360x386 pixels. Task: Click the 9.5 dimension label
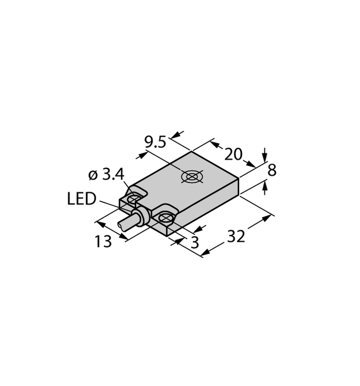pyautogui.click(x=156, y=143)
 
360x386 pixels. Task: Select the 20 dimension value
pyautogui.click(x=234, y=155)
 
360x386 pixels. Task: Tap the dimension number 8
pyautogui.click(x=272, y=170)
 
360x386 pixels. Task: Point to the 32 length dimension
pyautogui.click(x=236, y=236)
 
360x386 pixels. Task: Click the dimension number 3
pyautogui.click(x=195, y=242)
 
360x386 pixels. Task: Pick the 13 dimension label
pyautogui.click(x=103, y=241)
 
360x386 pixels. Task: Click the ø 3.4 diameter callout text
pyautogui.click(x=106, y=175)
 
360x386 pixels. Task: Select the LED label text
pyautogui.click(x=81, y=199)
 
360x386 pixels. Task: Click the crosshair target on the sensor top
pyautogui.click(x=193, y=177)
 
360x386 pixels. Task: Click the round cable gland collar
pyautogui.click(x=141, y=216)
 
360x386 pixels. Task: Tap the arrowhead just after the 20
pyautogui.click(x=251, y=164)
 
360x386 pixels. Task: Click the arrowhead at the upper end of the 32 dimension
pyautogui.click(x=267, y=218)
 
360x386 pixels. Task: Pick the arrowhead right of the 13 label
pyautogui.click(x=124, y=236)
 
